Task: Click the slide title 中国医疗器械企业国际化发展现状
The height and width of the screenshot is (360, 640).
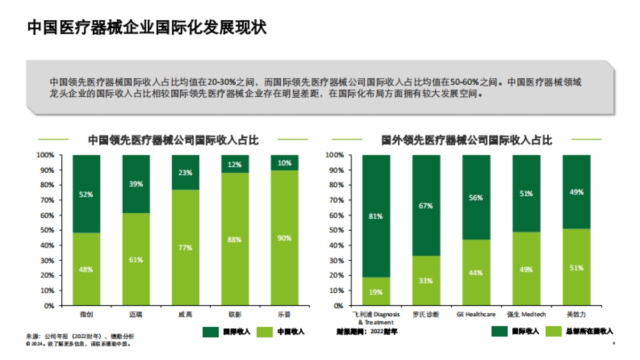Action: pyautogui.click(x=147, y=28)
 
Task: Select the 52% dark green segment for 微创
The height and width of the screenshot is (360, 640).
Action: pyautogui.click(x=86, y=194)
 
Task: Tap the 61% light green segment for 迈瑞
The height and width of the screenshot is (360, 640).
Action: pyautogui.click(x=136, y=260)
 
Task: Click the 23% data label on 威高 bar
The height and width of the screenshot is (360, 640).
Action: pyautogui.click(x=186, y=173)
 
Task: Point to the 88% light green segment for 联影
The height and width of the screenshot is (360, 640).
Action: pyautogui.click(x=235, y=239)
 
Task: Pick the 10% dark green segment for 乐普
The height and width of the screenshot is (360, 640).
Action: pyautogui.click(x=284, y=163)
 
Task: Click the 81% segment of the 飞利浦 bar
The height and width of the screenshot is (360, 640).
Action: pyautogui.click(x=376, y=216)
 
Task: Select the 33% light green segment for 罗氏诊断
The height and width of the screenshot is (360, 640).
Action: pyautogui.click(x=426, y=281)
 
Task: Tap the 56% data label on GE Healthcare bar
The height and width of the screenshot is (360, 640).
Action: pyautogui.click(x=476, y=197)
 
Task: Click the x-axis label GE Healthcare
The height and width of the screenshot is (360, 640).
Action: pyautogui.click(x=476, y=314)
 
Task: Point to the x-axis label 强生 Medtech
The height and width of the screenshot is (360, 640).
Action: pyautogui.click(x=526, y=314)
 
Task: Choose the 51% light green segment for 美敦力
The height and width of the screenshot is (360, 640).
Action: pyautogui.click(x=576, y=268)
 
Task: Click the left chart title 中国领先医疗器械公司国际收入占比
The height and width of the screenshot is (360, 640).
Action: pyautogui.click(x=173, y=140)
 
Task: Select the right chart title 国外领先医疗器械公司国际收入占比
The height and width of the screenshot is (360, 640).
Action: pyautogui.click(x=466, y=140)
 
